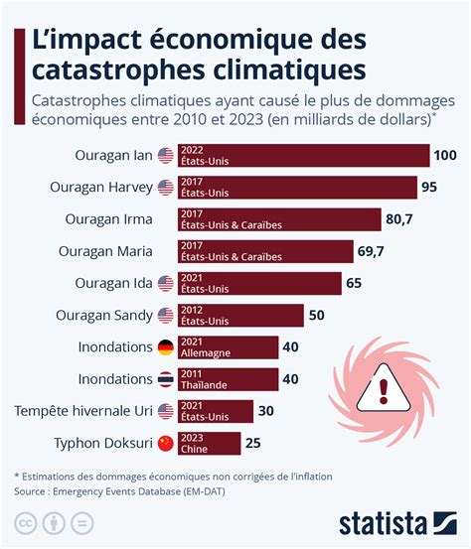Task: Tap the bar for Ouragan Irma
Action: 279,219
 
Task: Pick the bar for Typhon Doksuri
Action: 209,443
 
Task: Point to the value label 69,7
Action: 372,251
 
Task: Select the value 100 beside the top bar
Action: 445,156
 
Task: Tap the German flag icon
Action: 166,347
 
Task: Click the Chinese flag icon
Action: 166,443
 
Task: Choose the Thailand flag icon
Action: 166,379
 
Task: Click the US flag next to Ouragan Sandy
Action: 166,316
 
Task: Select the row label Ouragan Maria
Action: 105,251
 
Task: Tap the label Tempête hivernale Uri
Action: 81,411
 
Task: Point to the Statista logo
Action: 393,523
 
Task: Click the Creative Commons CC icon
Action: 26,523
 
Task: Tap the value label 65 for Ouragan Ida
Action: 353,284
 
